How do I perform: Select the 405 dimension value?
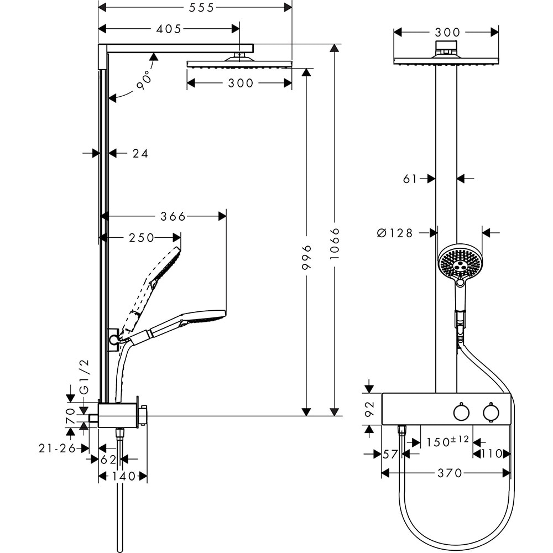pyautogui.click(x=169, y=29)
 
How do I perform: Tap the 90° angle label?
pyautogui.click(x=143, y=81)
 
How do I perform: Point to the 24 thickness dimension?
pyautogui.click(x=140, y=154)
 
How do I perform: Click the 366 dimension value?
pyautogui.click(x=173, y=216)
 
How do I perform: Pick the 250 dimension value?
pyautogui.click(x=142, y=238)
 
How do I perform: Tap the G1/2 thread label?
pyautogui.click(x=85, y=377)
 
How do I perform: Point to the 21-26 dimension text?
pyautogui.click(x=57, y=448)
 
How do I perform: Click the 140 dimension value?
pyautogui.click(x=123, y=476)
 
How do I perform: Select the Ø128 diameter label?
pyautogui.click(x=395, y=233)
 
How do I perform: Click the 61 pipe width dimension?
pyautogui.click(x=411, y=178)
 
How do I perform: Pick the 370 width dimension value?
pyautogui.click(x=449, y=473)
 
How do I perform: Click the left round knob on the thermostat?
pyautogui.click(x=460, y=413)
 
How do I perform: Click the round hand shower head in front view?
pyautogui.click(x=460, y=263)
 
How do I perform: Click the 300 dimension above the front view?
pyautogui.click(x=447, y=32)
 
